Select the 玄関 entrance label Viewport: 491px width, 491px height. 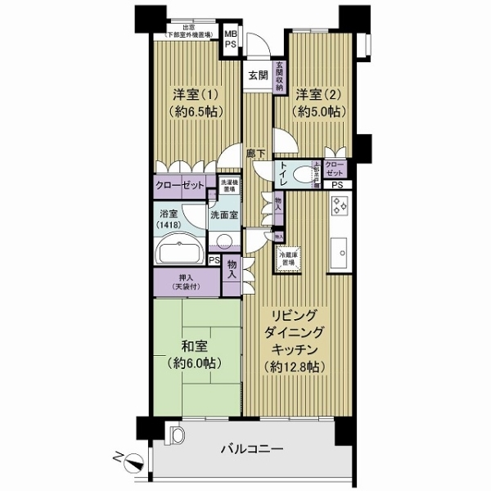(258, 74)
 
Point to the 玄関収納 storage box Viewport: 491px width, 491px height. (279, 74)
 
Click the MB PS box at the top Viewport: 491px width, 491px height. (231, 40)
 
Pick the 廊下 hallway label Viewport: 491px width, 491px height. (255, 153)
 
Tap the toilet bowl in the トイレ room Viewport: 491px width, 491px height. (262, 170)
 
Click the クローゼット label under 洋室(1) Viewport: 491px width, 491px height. (181, 186)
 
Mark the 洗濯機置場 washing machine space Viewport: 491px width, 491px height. (229, 186)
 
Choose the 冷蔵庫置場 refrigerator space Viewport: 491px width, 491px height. (286, 259)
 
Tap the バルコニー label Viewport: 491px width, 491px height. (252, 450)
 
